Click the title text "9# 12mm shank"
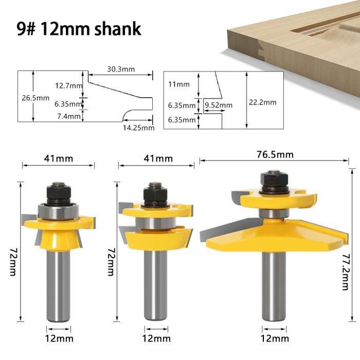coord(79,28)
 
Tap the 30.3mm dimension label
coord(121,69)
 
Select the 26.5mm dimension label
coord(35,98)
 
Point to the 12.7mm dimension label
coord(68,85)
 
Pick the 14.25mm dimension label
coord(138,128)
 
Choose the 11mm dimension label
coord(179,84)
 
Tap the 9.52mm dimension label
coord(218,105)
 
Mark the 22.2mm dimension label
coord(262,102)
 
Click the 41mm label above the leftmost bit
coord(58,159)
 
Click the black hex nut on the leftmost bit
coord(57,192)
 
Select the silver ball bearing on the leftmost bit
coord(57,210)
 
